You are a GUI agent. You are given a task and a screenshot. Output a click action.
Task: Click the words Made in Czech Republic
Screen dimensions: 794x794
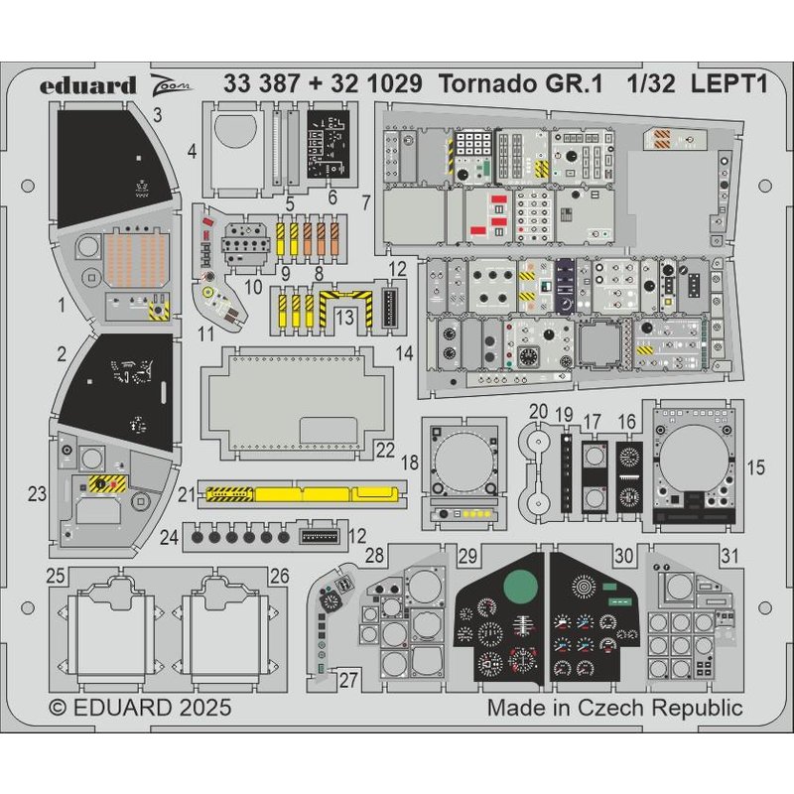point(614,709)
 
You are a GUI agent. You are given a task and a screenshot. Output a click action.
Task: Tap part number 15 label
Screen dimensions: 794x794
point(756,465)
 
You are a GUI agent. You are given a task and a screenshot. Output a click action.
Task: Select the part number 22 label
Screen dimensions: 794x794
point(386,451)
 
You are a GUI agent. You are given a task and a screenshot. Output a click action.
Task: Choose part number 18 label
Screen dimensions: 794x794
point(409,465)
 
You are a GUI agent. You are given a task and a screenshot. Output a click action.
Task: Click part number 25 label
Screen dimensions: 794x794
point(57,575)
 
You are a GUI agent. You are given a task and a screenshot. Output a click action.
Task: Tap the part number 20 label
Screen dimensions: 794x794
point(538,411)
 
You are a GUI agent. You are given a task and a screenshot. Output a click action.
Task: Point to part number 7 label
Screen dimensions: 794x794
point(366,202)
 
